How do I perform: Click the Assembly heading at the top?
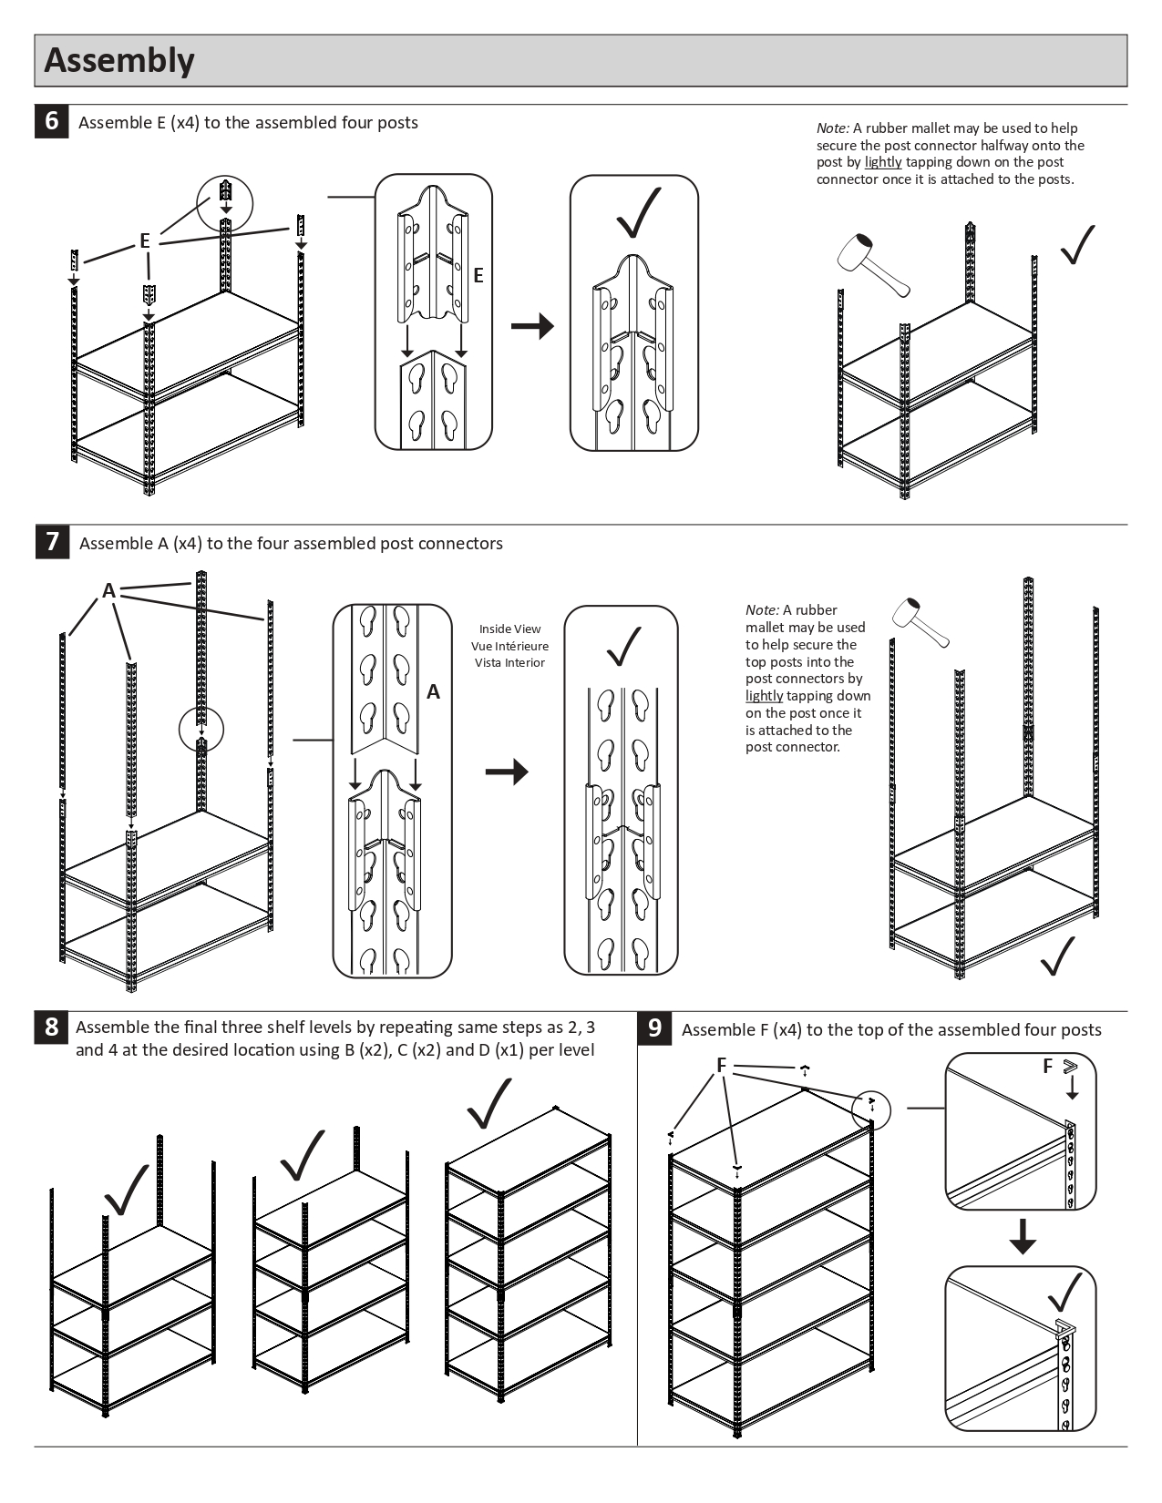(119, 60)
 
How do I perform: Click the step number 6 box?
(51, 121)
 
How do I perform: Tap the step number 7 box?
(52, 542)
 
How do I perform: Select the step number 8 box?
(51, 1028)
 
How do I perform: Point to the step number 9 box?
(654, 1028)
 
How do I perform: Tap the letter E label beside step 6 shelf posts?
(144, 241)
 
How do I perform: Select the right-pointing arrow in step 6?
(532, 326)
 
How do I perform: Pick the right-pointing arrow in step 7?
(507, 772)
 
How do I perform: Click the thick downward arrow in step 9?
(1023, 1236)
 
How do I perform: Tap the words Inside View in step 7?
(509, 629)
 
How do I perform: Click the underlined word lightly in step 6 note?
(883, 162)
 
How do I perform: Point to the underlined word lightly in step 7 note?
(764, 696)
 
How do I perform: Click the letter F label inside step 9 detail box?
(1048, 1066)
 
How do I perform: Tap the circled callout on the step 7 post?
(201, 729)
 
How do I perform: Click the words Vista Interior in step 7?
(509, 662)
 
